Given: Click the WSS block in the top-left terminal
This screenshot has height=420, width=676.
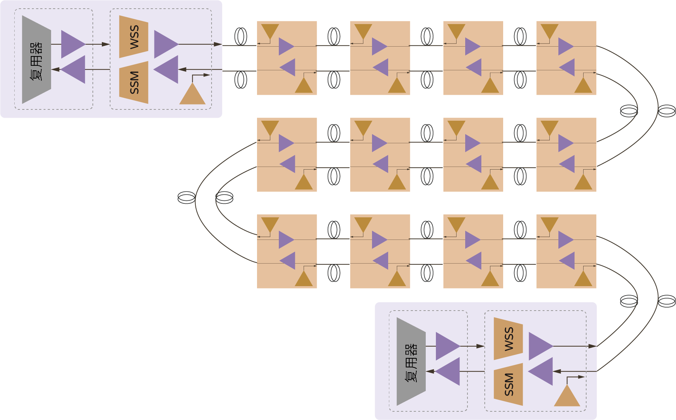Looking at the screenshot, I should click(x=134, y=37).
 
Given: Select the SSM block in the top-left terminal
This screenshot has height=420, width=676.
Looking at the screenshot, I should click(x=134, y=82).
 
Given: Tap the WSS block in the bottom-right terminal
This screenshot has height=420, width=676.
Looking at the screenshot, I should click(x=508, y=339).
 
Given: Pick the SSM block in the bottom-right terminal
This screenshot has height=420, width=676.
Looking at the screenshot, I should click(x=508, y=384).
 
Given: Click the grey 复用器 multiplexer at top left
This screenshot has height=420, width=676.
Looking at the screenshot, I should click(x=36, y=59).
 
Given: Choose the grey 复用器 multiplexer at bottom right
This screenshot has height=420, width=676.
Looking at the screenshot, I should click(x=411, y=361).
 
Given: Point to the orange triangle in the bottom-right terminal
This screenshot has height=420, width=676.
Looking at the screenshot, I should click(x=567, y=396).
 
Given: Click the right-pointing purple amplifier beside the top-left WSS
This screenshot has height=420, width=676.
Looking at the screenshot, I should click(x=164, y=44).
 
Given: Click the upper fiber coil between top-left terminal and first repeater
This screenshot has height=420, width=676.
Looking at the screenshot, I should click(x=241, y=36).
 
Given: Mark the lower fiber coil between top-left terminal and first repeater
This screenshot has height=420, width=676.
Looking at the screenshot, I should click(x=241, y=80).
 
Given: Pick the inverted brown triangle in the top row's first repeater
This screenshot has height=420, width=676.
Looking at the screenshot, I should click(x=270, y=31).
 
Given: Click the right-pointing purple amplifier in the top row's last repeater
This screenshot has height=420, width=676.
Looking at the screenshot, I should click(x=565, y=47).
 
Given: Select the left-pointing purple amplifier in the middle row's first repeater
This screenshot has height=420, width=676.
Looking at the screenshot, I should click(x=289, y=164).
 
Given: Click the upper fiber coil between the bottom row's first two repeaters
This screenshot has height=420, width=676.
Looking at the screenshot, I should click(x=334, y=230).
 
